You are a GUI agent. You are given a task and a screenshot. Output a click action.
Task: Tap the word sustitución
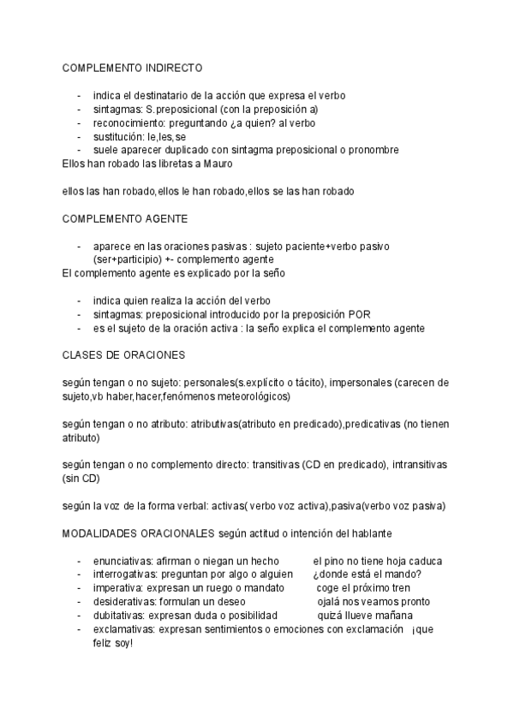pos(118,136)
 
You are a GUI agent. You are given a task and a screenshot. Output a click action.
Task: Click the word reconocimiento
pos(128,122)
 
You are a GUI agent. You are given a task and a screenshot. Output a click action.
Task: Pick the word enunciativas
pos(122,561)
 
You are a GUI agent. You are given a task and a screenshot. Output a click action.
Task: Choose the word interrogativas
pos(124,574)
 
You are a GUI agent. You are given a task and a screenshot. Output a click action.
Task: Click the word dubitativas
pos(119,616)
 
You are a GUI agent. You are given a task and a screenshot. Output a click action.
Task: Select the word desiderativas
pos(124,602)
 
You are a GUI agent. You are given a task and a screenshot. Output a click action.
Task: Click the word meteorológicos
pos(253,396)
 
